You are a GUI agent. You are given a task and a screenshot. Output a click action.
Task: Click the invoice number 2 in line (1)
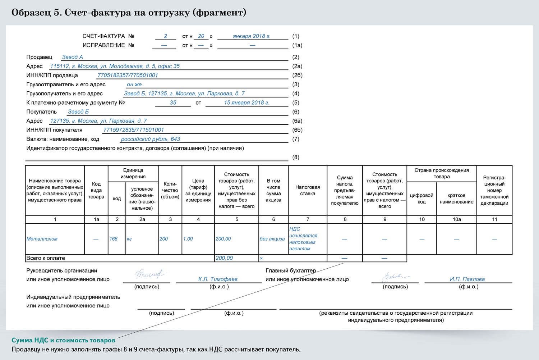[x=166, y=36]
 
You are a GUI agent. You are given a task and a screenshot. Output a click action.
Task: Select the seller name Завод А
[x=72, y=57]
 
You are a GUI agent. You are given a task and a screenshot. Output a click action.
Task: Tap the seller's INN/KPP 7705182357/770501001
[x=128, y=75]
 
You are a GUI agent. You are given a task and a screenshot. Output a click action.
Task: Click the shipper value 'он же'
[x=134, y=85]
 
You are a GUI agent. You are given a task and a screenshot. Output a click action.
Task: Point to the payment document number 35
[x=173, y=102]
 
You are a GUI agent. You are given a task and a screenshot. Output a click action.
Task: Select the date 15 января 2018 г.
[x=247, y=102]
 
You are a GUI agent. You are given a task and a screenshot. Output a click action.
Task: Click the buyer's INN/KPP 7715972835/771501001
[x=133, y=130]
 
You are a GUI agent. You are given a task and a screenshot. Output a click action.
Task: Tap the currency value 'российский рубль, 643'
[x=150, y=139]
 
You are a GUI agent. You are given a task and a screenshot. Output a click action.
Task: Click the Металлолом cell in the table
[x=42, y=239]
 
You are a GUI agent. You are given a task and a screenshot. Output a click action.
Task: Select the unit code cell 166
[x=114, y=239]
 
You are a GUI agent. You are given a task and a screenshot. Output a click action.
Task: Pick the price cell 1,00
[x=188, y=239]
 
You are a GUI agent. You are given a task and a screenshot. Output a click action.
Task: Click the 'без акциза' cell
[x=272, y=239]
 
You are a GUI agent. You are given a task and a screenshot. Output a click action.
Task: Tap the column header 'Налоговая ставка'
[x=308, y=190]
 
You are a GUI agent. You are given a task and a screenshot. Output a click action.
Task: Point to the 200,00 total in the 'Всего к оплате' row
[x=224, y=258]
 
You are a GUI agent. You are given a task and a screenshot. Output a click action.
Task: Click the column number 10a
[x=456, y=219]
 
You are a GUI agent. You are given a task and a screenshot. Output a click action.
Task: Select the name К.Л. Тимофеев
[x=218, y=279]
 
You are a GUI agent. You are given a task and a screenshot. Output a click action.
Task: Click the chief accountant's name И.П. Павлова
[x=467, y=279]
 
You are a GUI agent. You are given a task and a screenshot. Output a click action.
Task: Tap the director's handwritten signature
[x=148, y=275]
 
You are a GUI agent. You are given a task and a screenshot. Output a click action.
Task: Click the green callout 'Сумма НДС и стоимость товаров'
[x=64, y=340]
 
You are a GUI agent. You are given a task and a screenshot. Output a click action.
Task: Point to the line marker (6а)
[x=297, y=121]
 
